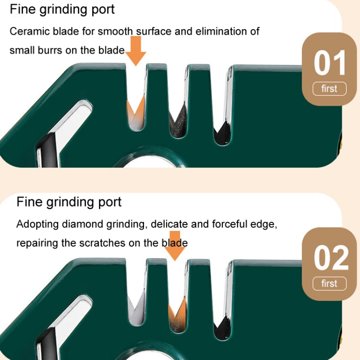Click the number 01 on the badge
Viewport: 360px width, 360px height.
(329, 63)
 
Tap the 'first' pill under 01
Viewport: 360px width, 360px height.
(329, 89)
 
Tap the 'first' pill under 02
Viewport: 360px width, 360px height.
(329, 284)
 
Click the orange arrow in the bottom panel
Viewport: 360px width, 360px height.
(177, 247)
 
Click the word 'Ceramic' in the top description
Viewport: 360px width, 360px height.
(28, 32)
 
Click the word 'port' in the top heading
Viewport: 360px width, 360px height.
(101, 9)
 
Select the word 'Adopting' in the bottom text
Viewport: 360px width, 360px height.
(37, 224)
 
